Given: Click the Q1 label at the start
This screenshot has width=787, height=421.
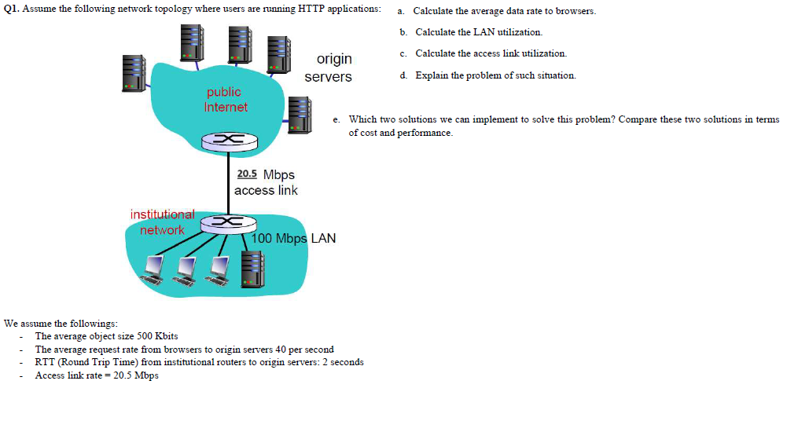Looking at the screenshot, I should (11, 9).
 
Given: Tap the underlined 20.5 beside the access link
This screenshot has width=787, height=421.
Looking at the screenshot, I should (247, 174).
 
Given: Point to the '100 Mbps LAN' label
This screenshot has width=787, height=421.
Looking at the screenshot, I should (295, 238).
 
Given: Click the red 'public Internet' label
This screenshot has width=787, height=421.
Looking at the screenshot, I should (225, 100).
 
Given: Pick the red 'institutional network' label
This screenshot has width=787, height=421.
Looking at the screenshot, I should (163, 222).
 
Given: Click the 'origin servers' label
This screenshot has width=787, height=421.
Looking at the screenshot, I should (329, 68).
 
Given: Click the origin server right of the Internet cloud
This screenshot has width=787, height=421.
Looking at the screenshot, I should (300, 114).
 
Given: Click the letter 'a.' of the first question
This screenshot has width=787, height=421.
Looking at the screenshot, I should (401, 12).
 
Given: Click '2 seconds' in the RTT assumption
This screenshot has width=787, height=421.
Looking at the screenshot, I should (344, 362).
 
